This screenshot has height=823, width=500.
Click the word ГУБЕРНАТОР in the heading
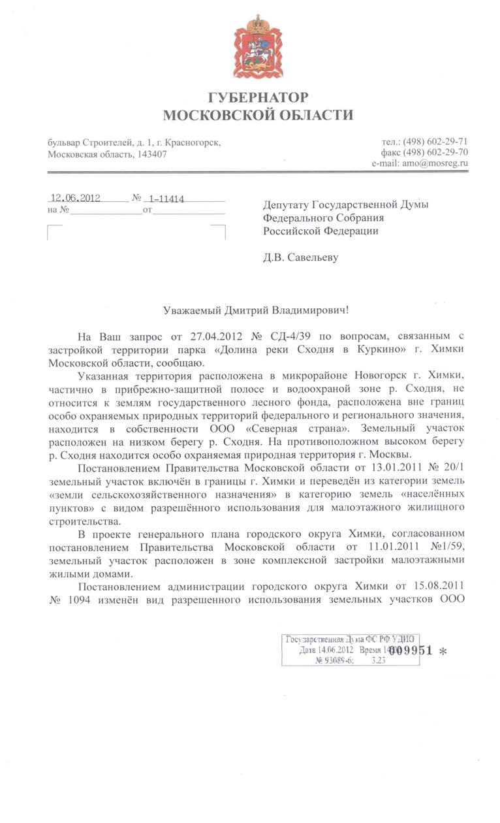[x=258, y=98]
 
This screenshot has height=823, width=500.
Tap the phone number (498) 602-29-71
[x=435, y=142]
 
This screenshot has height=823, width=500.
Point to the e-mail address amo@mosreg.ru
[x=435, y=164]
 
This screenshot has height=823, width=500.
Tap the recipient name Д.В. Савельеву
[x=301, y=257]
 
